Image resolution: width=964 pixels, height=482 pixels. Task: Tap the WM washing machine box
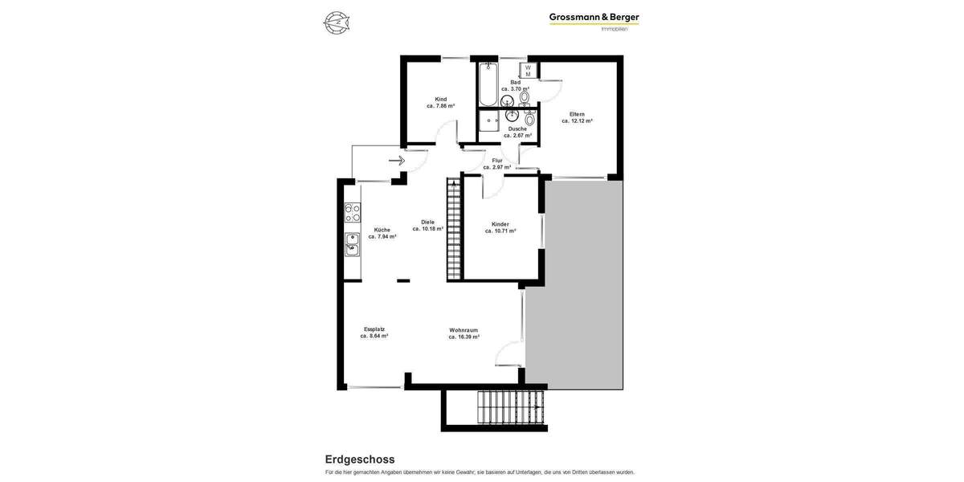point(528,71)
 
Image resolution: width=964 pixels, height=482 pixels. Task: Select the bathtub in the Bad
point(488,85)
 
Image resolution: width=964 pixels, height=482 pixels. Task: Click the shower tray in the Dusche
point(489,121)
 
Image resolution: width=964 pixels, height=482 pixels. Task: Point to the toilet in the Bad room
point(525,97)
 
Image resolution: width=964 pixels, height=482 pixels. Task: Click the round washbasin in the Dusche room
point(512,116)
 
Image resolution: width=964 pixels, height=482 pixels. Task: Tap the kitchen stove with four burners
point(353,212)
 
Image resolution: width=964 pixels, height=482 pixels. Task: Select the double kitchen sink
point(353,244)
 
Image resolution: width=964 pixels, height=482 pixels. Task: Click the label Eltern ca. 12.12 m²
point(577,117)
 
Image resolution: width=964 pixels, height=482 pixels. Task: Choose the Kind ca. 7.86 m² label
point(440,103)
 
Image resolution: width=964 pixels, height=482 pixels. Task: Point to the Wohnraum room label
point(464,333)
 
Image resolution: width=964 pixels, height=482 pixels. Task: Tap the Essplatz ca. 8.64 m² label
point(374,333)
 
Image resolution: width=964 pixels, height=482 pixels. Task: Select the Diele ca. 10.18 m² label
point(427,226)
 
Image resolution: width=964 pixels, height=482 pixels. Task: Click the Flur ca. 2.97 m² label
point(496,164)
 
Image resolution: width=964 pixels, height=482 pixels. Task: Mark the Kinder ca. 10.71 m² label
point(500,227)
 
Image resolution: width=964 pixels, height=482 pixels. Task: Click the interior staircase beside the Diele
point(453,230)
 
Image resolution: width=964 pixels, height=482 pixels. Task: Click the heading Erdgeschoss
point(359,460)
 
